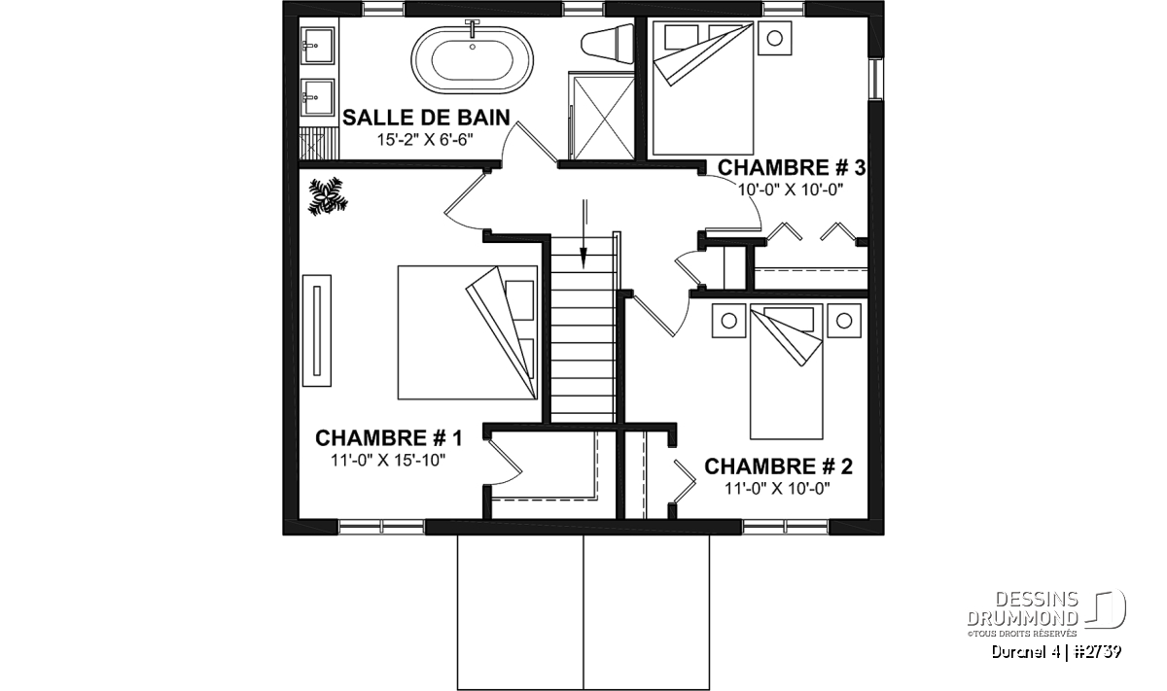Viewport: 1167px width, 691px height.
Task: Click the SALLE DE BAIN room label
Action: coord(426,118)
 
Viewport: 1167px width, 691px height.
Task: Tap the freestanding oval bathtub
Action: coord(472,59)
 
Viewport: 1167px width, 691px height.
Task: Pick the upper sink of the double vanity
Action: coord(318,46)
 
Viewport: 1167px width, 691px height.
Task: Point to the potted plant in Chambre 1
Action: coord(328,196)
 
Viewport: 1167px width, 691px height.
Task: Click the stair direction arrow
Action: coord(584,233)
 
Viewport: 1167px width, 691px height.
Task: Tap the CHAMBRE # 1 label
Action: coord(389,438)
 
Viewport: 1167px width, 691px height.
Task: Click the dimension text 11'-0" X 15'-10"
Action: coord(388,461)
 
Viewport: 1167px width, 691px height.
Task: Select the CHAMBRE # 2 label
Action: coord(778,466)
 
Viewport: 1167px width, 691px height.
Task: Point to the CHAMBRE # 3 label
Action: coord(792,168)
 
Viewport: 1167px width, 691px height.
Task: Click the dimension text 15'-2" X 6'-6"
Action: coord(425,140)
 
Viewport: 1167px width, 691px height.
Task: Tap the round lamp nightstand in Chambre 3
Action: coord(775,38)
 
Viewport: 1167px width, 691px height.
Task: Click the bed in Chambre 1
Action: coord(468,332)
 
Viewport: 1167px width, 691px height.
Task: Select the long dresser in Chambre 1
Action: coord(317,330)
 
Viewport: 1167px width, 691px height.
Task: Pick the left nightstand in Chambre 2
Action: coord(728,321)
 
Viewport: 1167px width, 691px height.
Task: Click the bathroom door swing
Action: coord(529,141)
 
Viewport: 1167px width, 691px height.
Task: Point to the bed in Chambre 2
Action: coord(786,372)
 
